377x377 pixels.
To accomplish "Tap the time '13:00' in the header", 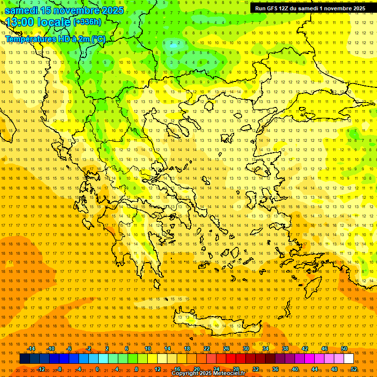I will pyautogui.click(x=19, y=22).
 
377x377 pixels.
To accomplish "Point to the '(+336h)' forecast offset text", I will pyautogui.click(x=87, y=22).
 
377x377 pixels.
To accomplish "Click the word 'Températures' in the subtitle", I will pyautogui.click(x=30, y=39).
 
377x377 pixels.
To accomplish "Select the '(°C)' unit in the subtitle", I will pyautogui.click(x=98, y=39).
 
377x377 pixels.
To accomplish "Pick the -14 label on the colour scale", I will pyautogui.click(x=30, y=349).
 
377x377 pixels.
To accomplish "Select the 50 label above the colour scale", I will pyautogui.click(x=344, y=349).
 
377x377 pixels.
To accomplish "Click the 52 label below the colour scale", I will pyautogui.click(x=353, y=369).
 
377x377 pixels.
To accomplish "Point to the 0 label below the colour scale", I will pyautogui.click(x=97, y=369).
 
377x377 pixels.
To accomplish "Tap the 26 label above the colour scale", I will pyautogui.click(x=226, y=349).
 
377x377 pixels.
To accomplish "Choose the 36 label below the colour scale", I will pyautogui.click(x=275, y=369).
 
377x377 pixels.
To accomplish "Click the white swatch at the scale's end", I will pyautogui.click(x=349, y=359).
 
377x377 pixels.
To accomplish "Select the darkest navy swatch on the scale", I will pyautogui.click(x=25, y=359).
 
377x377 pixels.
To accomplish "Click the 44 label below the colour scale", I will pyautogui.click(x=315, y=369).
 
